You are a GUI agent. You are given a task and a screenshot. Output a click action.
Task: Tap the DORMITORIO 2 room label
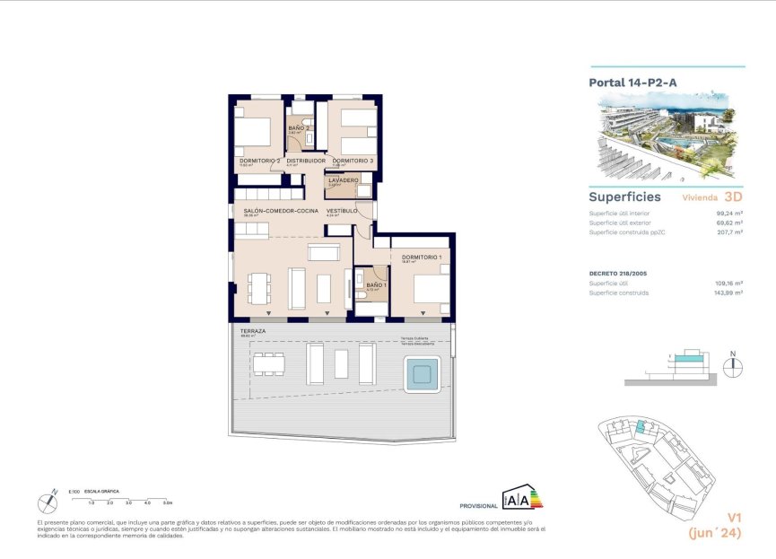(259, 161)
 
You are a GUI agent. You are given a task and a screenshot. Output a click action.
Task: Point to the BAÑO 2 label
(299, 128)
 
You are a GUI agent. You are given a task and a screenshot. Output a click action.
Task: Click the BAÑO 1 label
(376, 284)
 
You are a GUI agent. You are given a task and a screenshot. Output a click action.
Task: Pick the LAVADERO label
(344, 180)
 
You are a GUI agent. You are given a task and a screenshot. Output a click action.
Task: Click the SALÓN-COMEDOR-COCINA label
(281, 211)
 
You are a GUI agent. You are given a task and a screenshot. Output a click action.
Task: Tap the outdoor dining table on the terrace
(268, 363)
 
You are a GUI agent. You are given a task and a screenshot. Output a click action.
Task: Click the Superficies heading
(624, 197)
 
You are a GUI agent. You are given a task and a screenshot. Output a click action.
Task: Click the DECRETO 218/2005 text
(621, 273)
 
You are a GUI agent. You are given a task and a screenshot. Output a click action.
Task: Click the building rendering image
(667, 135)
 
